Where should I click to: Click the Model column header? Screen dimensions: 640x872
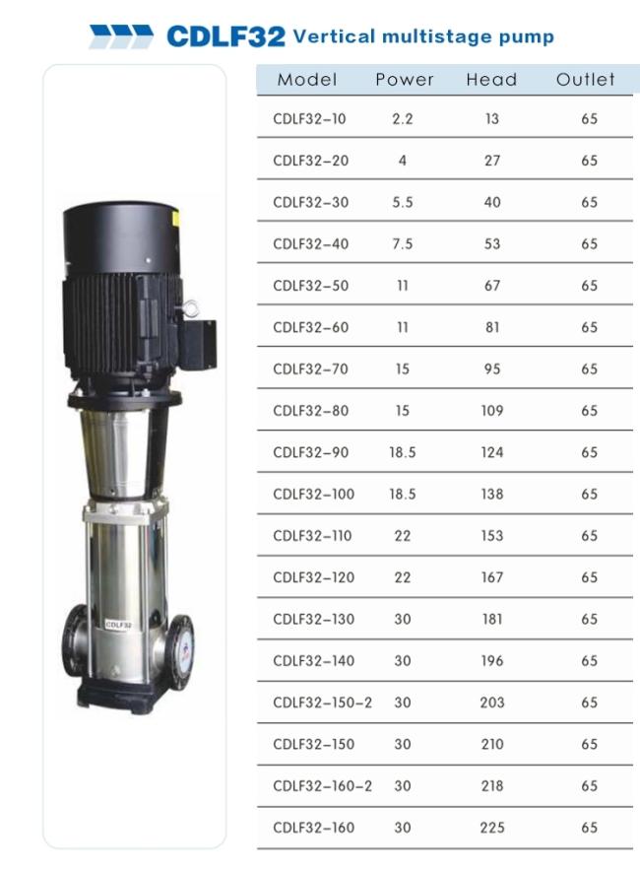pyautogui.click(x=307, y=80)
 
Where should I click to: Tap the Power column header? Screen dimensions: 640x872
pyautogui.click(x=405, y=80)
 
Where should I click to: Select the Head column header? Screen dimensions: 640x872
pyautogui.click(x=491, y=80)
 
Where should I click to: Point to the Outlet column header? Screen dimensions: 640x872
pyautogui.click(x=586, y=80)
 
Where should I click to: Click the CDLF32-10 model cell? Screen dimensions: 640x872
pyautogui.click(x=309, y=119)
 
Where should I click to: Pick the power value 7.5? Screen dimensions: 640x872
pyautogui.click(x=403, y=244)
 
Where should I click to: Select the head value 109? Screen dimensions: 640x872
pyautogui.click(x=492, y=411)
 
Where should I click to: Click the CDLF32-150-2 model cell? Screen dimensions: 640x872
pyautogui.click(x=322, y=703)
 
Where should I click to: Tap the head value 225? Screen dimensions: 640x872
pyautogui.click(x=492, y=828)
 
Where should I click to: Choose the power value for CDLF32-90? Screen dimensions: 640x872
pyautogui.click(x=403, y=452)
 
